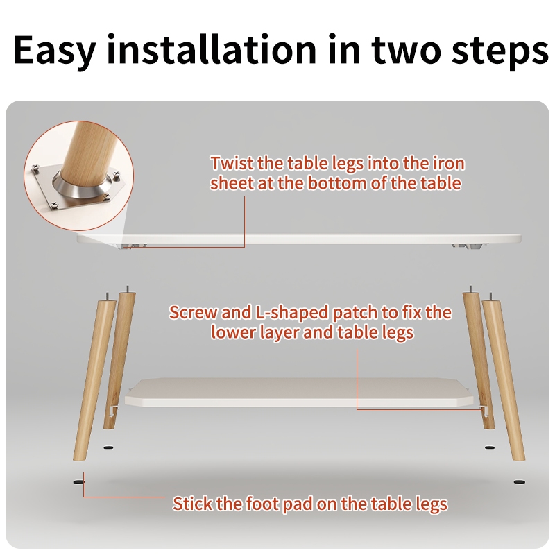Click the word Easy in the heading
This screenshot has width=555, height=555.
tap(55, 49)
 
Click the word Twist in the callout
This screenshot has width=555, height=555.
tap(232, 164)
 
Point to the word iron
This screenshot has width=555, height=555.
tap(449, 164)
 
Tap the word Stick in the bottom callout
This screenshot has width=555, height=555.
tap(192, 504)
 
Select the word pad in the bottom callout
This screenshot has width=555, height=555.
tap(297, 504)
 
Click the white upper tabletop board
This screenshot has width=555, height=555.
tap(298, 238)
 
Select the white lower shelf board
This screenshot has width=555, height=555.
tap(299, 393)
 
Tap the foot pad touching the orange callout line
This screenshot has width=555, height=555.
tap(78, 481)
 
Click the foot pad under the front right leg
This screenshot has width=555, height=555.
tap(519, 481)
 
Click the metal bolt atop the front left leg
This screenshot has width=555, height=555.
tap(107, 296)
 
